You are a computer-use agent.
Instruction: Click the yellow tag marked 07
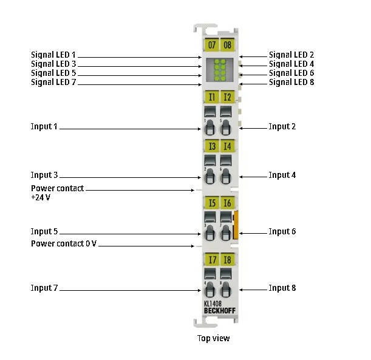(x=211, y=45)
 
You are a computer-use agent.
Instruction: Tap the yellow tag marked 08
(x=227, y=45)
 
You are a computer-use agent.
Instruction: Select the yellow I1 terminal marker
(x=211, y=97)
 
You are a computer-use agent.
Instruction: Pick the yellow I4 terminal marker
(x=227, y=146)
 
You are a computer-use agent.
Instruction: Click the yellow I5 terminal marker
(x=211, y=203)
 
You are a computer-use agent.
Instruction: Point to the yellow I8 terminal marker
(x=227, y=260)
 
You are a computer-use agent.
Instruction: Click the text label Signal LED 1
(x=54, y=55)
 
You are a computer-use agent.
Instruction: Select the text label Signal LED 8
(x=291, y=82)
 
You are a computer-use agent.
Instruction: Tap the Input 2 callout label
(x=282, y=126)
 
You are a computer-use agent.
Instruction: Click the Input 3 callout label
(x=44, y=175)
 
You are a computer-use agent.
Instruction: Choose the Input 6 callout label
(x=282, y=231)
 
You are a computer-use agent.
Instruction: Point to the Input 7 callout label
(x=44, y=288)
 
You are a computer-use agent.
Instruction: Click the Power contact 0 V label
(x=64, y=243)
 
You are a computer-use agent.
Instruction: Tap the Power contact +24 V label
(x=57, y=193)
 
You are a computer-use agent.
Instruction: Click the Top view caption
(x=213, y=338)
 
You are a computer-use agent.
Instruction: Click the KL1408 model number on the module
(x=212, y=304)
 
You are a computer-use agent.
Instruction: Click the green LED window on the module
(x=219, y=71)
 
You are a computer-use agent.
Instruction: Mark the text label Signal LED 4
(x=291, y=64)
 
